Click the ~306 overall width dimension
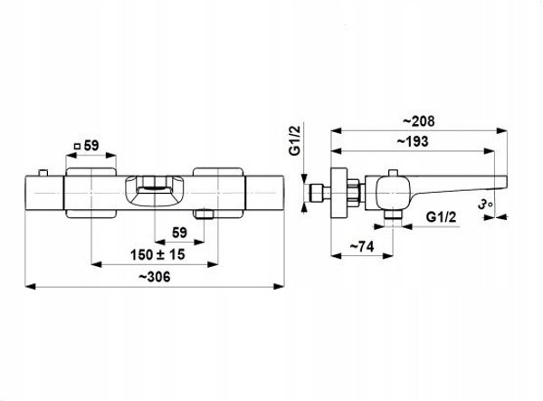coord(155,277)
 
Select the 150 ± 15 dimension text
coord(157,255)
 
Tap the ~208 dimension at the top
coord(419,121)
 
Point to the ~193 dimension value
coord(413,141)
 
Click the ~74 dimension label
coord(362,247)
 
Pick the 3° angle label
coord(485,205)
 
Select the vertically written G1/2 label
coord(295,140)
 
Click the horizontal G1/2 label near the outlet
coord(442,217)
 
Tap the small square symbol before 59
coord(77,147)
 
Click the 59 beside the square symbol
coord(91,146)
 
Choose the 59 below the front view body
coord(179,233)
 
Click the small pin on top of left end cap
coord(43,173)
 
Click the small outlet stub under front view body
coord(204,214)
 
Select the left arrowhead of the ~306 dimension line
coord(31,286)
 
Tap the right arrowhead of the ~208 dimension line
coord(502,130)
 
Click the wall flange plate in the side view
coord(338,193)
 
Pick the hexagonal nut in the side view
coord(354,193)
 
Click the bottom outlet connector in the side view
coord(393,215)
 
